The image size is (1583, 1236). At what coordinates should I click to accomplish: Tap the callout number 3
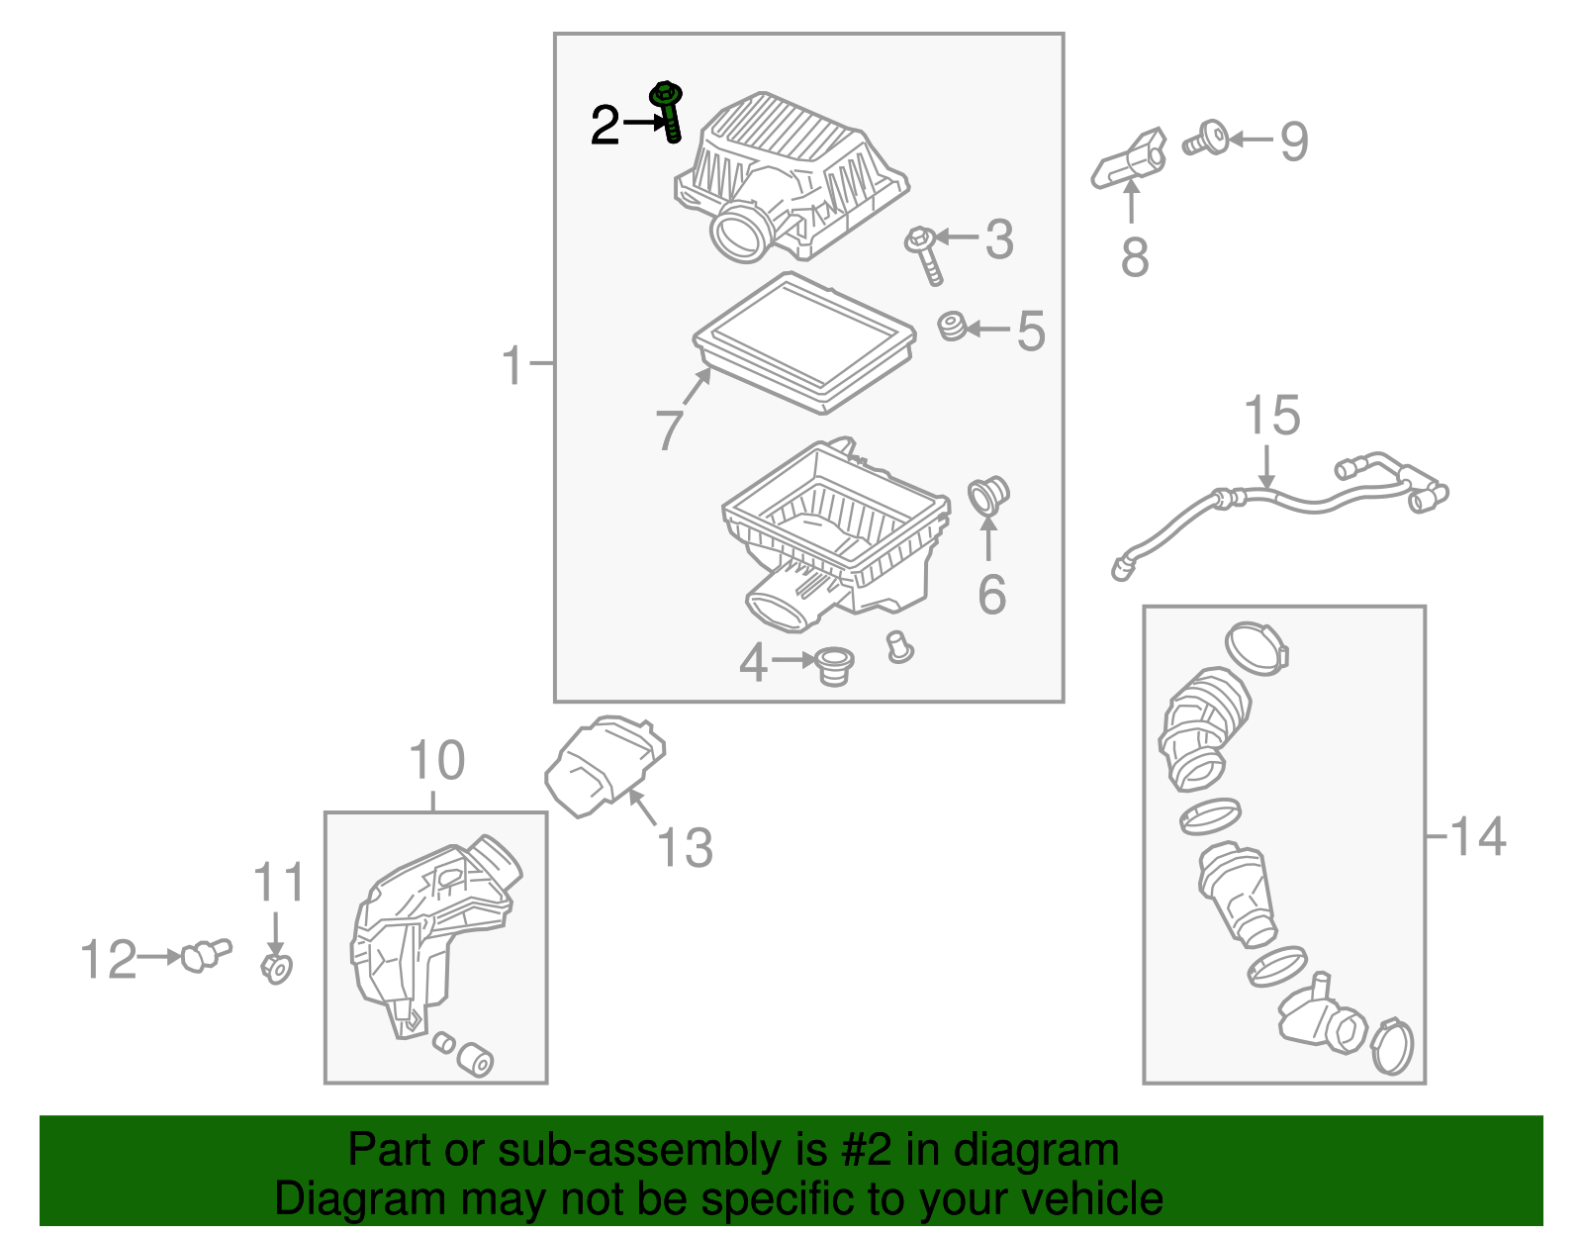click(x=998, y=240)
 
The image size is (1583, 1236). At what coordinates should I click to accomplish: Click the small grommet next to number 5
click(x=953, y=326)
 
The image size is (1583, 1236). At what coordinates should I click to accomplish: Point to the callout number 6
click(x=991, y=595)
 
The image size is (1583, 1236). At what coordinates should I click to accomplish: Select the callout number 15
click(x=1271, y=417)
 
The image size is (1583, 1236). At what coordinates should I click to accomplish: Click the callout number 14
click(x=1478, y=837)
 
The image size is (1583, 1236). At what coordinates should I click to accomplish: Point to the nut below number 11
click(x=277, y=968)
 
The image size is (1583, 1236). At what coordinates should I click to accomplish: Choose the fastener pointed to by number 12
click(x=204, y=955)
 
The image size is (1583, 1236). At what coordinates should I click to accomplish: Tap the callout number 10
click(x=436, y=761)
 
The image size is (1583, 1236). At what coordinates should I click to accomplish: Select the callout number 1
click(x=512, y=366)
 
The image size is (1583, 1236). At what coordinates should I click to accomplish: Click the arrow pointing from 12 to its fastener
click(x=159, y=957)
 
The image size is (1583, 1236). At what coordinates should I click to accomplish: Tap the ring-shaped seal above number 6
click(x=986, y=496)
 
